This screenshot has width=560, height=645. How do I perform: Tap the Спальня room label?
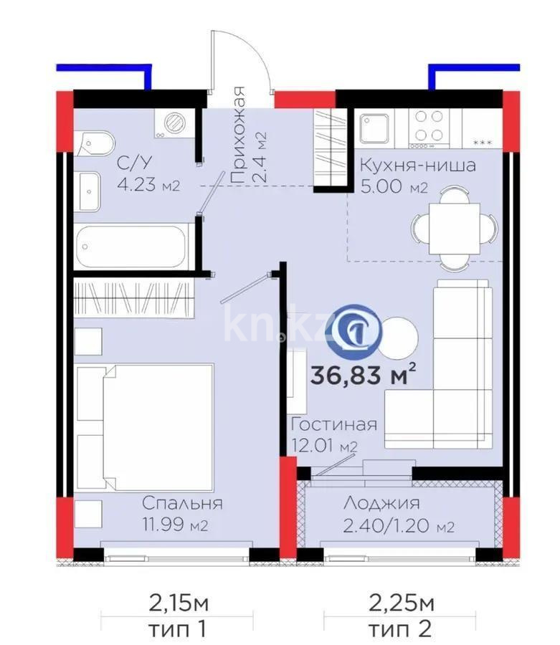(x=181, y=502)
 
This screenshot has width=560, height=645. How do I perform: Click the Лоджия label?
(x=381, y=504)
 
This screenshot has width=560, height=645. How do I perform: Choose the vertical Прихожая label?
(x=238, y=136)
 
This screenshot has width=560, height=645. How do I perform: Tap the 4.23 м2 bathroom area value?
(x=148, y=186)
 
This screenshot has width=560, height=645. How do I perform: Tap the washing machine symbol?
(x=173, y=123)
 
